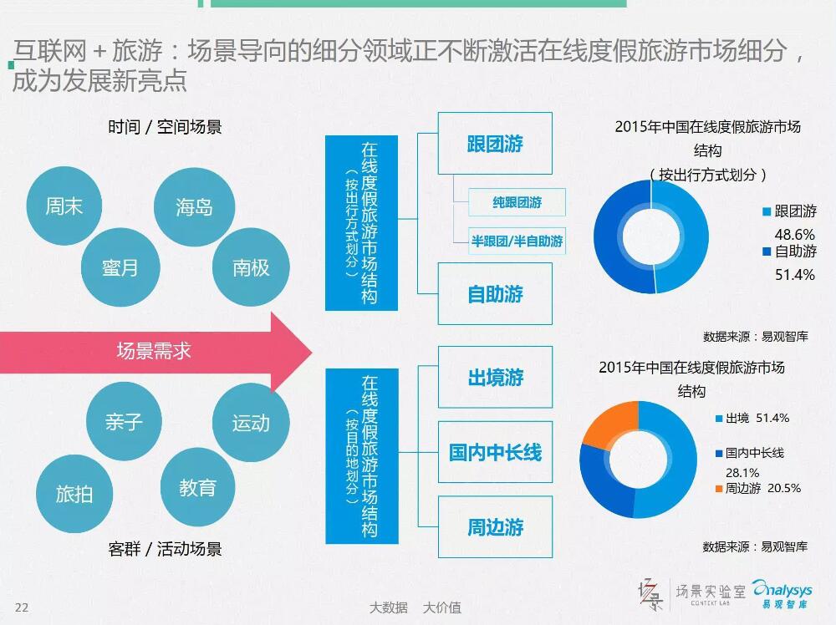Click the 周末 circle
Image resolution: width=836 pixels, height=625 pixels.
click(x=64, y=206)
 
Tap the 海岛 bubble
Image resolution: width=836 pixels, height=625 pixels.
click(x=194, y=207)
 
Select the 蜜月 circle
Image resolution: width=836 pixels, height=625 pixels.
click(x=120, y=267)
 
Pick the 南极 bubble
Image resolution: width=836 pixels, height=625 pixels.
click(x=251, y=267)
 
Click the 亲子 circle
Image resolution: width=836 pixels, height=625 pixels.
click(x=125, y=422)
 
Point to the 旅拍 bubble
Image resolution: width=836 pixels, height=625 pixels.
click(x=74, y=494)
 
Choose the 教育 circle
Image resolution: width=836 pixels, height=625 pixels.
click(x=198, y=487)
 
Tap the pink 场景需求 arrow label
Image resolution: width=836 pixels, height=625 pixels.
click(x=154, y=351)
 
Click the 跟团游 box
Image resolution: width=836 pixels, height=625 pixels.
click(x=495, y=144)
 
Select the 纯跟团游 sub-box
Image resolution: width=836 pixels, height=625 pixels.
click(x=517, y=202)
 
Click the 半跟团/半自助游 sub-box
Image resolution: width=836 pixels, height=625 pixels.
click(x=517, y=241)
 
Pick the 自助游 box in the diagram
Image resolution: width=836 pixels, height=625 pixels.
click(x=495, y=293)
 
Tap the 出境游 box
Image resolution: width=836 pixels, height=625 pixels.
click(x=495, y=377)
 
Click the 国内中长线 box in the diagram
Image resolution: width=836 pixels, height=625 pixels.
click(x=495, y=452)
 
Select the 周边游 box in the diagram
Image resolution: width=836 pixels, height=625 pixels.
click(x=495, y=527)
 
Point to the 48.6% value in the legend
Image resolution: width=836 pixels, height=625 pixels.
click(x=794, y=235)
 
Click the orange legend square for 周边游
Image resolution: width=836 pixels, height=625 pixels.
click(x=719, y=489)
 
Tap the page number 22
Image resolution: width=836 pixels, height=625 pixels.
click(x=22, y=607)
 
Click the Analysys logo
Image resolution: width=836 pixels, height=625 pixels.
click(x=782, y=594)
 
